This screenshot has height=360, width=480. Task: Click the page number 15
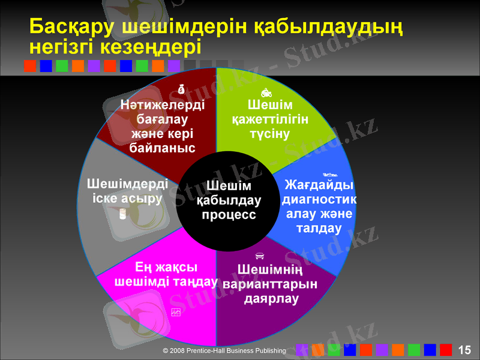coord(464,350)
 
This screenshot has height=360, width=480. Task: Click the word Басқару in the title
coord(72,27)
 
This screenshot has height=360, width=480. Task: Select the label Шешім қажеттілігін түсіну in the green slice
coord(269,119)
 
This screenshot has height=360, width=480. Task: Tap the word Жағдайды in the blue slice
coord(319,184)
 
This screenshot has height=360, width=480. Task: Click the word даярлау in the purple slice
coord(271,298)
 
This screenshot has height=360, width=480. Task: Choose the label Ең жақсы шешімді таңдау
coord(165,274)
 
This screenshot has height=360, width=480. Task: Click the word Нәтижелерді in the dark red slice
coord(162,104)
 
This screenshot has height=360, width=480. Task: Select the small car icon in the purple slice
coord(260,256)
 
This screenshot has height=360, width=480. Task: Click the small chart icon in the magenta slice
coord(176,312)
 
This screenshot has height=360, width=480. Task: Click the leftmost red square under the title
coord(30,65)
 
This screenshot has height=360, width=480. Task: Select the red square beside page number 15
coord(446,350)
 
